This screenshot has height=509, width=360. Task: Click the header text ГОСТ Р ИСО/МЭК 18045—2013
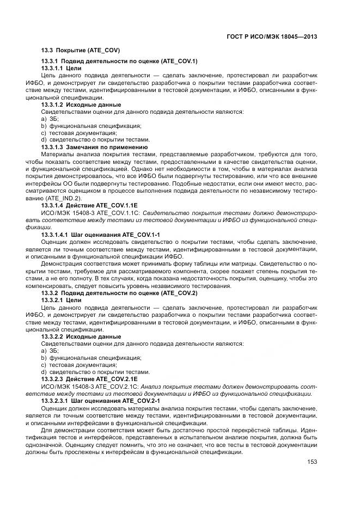272,36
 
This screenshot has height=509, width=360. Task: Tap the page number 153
312,462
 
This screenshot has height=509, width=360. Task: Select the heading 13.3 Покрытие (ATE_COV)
81,51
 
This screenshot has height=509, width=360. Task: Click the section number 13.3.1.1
53,68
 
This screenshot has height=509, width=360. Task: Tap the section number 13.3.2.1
53,301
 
